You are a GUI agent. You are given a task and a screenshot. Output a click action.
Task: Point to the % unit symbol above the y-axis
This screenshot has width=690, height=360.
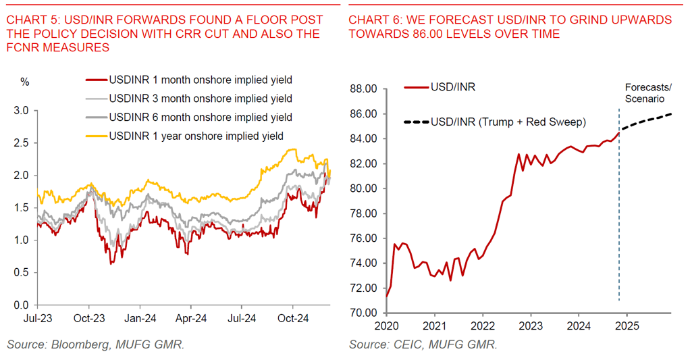tap(25, 82)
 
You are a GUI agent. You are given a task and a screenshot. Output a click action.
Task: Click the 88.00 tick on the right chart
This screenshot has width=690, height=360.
tap(365, 89)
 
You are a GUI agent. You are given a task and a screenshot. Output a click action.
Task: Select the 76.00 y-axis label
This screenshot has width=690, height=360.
tap(365, 238)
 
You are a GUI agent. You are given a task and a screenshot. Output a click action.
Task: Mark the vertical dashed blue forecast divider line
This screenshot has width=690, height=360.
tap(619, 223)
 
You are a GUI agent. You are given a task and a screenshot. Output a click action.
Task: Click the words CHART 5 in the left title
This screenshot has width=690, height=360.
tap(30, 20)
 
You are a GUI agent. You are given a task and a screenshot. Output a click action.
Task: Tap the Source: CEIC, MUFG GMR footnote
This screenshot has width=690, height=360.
tap(423, 344)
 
